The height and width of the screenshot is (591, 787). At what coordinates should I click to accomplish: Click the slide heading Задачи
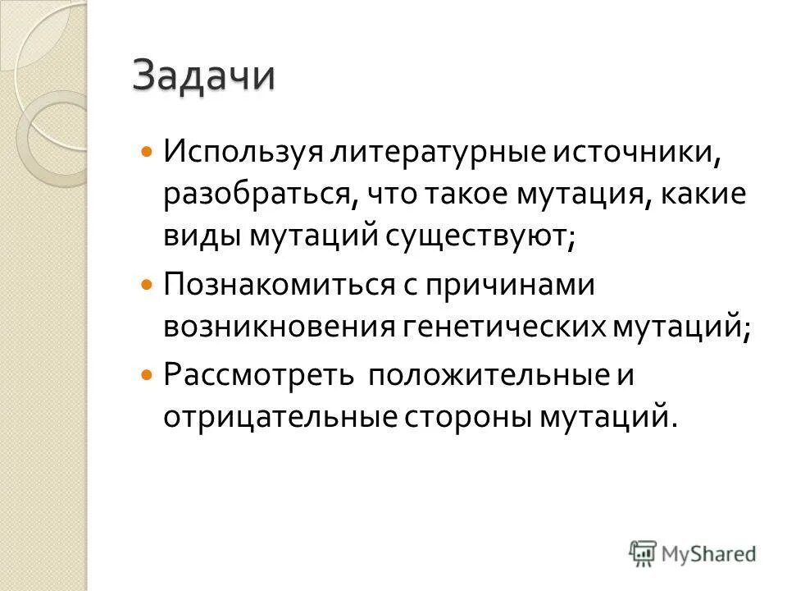pyautogui.click(x=204, y=77)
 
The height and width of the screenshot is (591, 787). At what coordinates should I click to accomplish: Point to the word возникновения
pyautogui.click(x=278, y=327)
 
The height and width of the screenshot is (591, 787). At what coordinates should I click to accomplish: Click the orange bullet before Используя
pyautogui.click(x=147, y=152)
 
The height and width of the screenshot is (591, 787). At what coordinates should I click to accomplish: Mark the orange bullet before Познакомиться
pyautogui.click(x=147, y=284)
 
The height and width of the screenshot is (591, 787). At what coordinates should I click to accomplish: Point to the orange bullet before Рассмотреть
pyautogui.click(x=147, y=373)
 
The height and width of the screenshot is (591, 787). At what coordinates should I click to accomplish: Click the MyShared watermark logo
pyautogui.click(x=693, y=553)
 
